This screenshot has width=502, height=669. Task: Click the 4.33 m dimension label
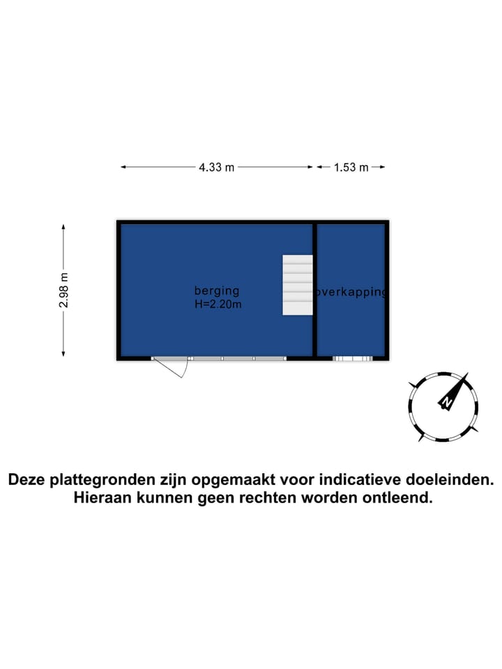pos(216,167)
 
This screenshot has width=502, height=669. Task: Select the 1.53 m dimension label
pos(351,167)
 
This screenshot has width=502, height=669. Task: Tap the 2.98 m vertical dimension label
pos(63,290)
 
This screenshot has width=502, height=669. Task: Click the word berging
pos(217,291)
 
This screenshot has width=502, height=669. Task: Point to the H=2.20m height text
pos(218,305)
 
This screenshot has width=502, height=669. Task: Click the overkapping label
pos(351,293)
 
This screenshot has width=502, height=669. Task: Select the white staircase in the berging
pos(298,285)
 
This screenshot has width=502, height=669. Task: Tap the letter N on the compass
pos(446,402)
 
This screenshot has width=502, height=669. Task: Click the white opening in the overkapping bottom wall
pos(353,359)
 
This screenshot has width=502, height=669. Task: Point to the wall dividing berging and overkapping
pos(314,290)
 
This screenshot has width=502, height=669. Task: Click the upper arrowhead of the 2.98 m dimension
pos(63,227)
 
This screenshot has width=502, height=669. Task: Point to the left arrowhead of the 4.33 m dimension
pos(124,167)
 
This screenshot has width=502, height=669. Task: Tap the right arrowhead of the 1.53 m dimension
pos(382,167)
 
